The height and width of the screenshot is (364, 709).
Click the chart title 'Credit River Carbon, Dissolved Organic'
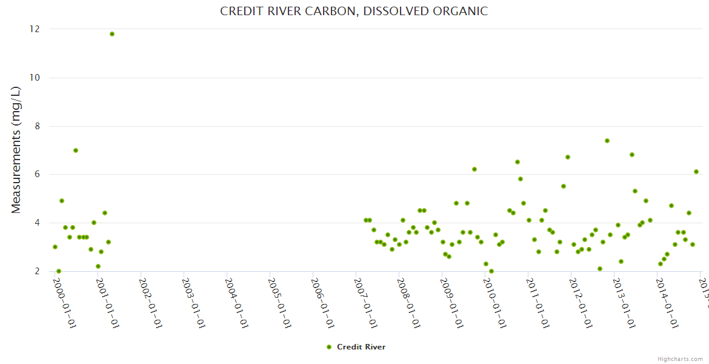click(354, 11)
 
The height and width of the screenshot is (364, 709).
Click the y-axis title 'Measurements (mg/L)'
click(16, 150)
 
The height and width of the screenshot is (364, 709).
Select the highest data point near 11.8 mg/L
click(112, 34)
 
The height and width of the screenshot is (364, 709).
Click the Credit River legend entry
click(361, 347)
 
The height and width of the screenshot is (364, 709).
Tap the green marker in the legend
click(329, 347)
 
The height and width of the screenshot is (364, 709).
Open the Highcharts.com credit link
click(680, 359)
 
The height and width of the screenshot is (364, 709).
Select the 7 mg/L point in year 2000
click(76, 150)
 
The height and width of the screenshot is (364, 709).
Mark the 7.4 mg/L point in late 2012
click(607, 141)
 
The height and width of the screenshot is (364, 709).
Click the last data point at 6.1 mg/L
click(696, 172)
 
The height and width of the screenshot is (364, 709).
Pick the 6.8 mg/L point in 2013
click(632, 155)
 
